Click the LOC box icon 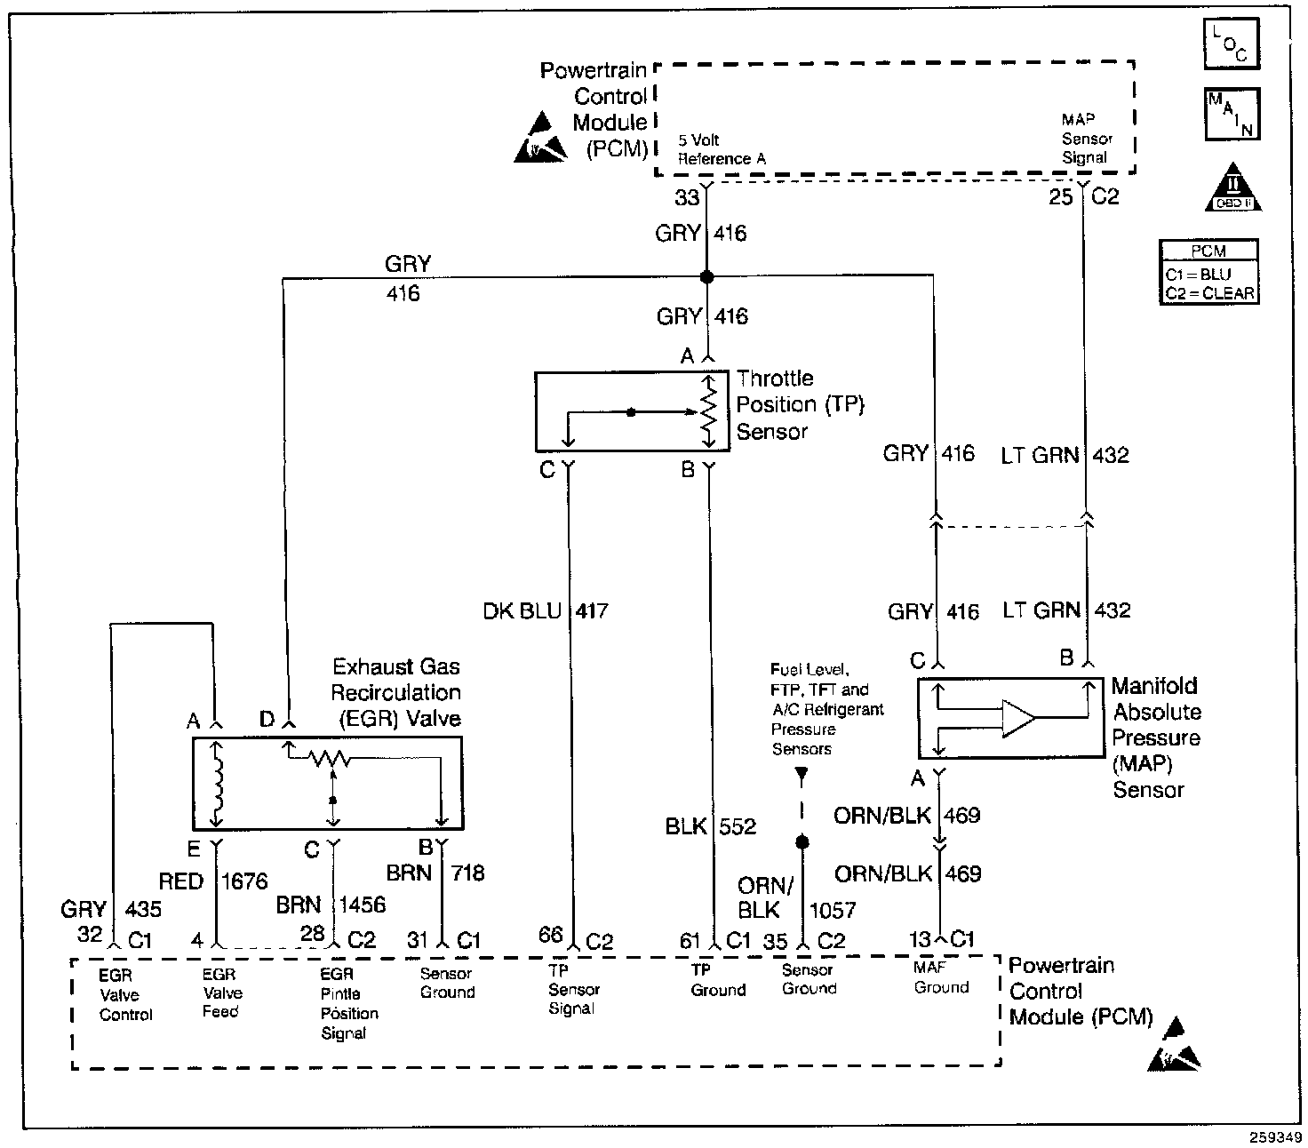pyautogui.click(x=1232, y=44)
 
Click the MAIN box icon pyautogui.click(x=1232, y=114)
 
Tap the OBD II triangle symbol pyautogui.click(x=1233, y=187)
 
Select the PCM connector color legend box pyautogui.click(x=1208, y=272)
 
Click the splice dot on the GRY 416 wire pyautogui.click(x=707, y=277)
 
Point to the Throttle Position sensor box pyautogui.click(x=632, y=411)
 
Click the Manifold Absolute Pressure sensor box pyautogui.click(x=1011, y=717)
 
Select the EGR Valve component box pyautogui.click(x=327, y=783)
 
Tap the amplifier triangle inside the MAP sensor pyautogui.click(x=1018, y=718)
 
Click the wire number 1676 pyautogui.click(x=244, y=881)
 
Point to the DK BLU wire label pyautogui.click(x=522, y=610)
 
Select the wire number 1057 pyautogui.click(x=833, y=911)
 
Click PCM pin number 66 pyautogui.click(x=551, y=934)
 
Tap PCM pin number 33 pyautogui.click(x=687, y=197)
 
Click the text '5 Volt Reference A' pyautogui.click(x=722, y=149)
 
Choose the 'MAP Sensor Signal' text pyautogui.click(x=1088, y=139)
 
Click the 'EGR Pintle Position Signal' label pyautogui.click(x=349, y=1003)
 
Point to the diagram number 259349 pyautogui.click(x=1275, y=1137)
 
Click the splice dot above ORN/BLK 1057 pyautogui.click(x=802, y=842)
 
